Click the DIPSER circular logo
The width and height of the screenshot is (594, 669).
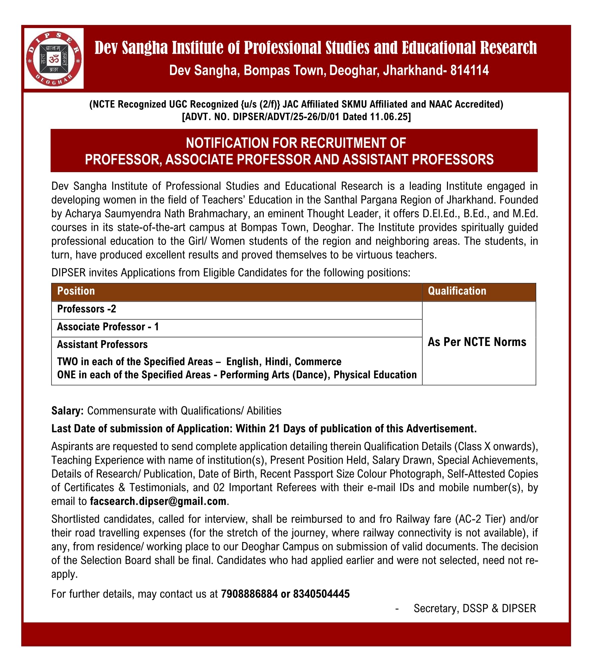[54, 58]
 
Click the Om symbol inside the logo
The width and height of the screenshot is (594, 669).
[54, 59]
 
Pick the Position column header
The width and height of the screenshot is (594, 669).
[76, 291]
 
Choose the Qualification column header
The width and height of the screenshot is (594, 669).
[457, 291]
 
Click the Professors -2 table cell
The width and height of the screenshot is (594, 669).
[87, 309]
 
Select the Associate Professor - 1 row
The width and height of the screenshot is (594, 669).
[108, 327]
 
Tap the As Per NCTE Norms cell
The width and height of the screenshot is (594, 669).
[477, 342]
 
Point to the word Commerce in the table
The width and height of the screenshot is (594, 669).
[318, 362]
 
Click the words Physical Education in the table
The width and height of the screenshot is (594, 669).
[375, 375]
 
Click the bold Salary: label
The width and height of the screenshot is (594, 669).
[67, 411]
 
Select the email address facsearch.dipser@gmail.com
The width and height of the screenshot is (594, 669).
[158, 501]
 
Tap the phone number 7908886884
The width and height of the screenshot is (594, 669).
[249, 594]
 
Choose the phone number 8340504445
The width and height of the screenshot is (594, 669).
[321, 594]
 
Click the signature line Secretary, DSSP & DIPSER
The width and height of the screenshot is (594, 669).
[475, 608]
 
